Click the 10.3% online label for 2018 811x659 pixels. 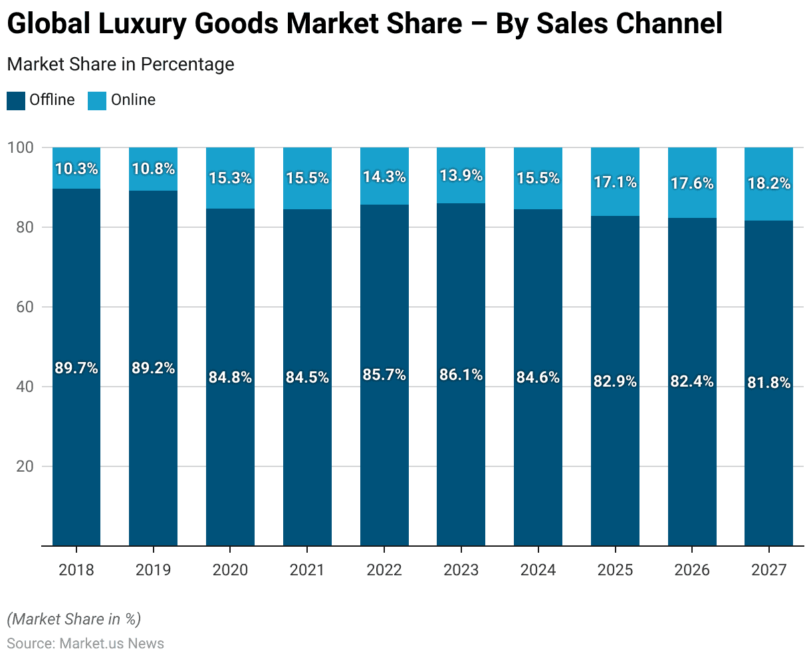tap(76, 169)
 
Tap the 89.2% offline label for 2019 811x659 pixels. tap(153, 368)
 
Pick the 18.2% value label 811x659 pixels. tap(768, 184)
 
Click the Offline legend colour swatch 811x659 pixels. tap(15, 101)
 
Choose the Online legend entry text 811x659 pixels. tap(133, 100)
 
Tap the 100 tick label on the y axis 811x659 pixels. tap(20, 147)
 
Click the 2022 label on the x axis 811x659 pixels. tap(384, 570)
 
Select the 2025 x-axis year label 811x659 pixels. tap(615, 570)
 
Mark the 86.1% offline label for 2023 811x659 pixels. tap(461, 375)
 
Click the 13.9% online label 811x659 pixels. tap(461, 176)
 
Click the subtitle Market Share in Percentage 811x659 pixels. tap(120, 64)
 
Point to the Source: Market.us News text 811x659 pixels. tap(86, 643)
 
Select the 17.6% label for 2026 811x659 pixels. tap(692, 183)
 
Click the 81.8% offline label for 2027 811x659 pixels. tap(768, 383)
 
